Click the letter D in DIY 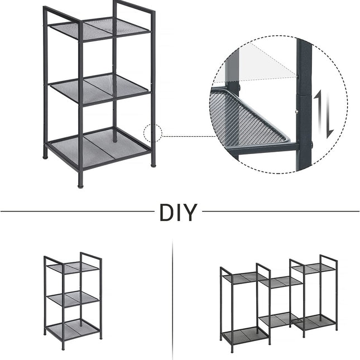point(166,213)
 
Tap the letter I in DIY point(178,213)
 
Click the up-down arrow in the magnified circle point(324,114)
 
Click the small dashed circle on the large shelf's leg point(153,133)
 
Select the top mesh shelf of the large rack point(99,28)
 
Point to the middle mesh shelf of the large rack point(99,89)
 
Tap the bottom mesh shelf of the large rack point(99,148)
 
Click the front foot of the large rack point(80,186)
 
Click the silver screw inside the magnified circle point(296,112)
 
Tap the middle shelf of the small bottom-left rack point(73,298)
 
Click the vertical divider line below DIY point(172,299)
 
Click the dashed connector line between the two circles point(190,136)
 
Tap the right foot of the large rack point(153,165)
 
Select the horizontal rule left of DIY point(78,211)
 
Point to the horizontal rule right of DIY point(281,211)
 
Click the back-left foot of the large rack point(45,157)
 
